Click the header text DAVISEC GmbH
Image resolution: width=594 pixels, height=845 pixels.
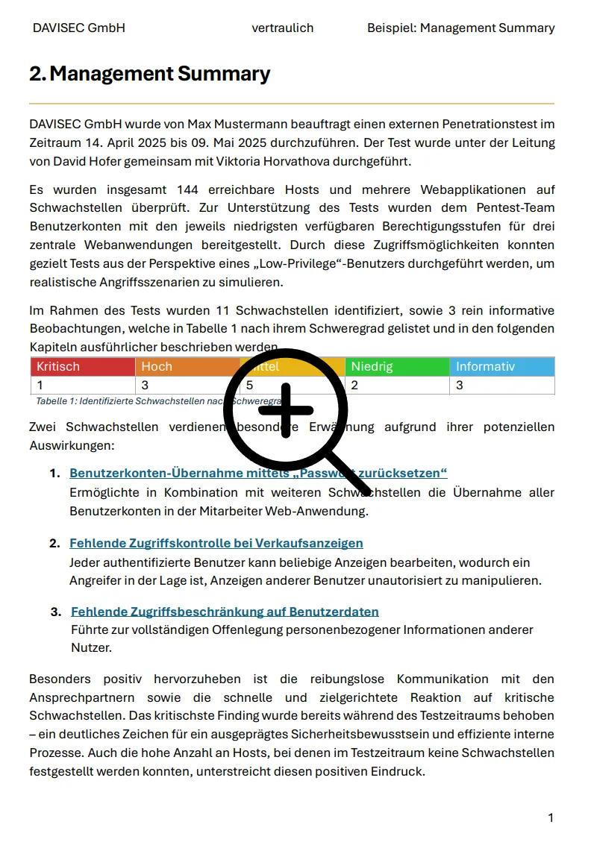(78, 28)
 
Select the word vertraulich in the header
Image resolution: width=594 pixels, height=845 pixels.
(282, 28)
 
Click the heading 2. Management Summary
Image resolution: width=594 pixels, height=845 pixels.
(149, 74)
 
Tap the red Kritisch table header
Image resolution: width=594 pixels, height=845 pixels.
(58, 367)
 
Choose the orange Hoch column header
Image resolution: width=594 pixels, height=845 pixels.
(157, 367)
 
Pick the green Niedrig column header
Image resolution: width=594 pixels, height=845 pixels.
(372, 367)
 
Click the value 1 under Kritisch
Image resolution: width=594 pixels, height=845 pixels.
(40, 386)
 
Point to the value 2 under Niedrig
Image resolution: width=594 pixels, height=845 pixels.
(354, 386)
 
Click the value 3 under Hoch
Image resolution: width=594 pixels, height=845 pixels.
(145, 386)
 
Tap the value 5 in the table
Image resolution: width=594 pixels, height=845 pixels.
(250, 386)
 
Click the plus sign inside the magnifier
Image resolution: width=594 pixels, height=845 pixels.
(286, 410)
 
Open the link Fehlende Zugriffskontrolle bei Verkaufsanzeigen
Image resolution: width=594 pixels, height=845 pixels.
(216, 543)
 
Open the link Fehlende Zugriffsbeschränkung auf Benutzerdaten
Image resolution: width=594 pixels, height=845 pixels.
(225, 612)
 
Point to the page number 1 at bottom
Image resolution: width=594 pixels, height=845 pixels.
(551, 818)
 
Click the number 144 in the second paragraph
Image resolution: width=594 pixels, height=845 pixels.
(188, 190)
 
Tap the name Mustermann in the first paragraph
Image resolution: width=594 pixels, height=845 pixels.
(248, 124)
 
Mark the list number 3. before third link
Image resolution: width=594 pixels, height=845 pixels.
(56, 612)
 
